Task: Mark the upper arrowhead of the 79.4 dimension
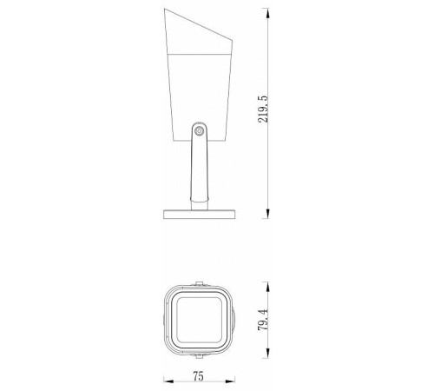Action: [x=266, y=284]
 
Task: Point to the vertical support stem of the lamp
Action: [x=199, y=169]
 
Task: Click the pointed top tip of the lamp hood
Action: [x=167, y=10]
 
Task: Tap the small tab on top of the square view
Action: [x=199, y=283]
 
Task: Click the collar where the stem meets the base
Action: [x=199, y=205]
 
